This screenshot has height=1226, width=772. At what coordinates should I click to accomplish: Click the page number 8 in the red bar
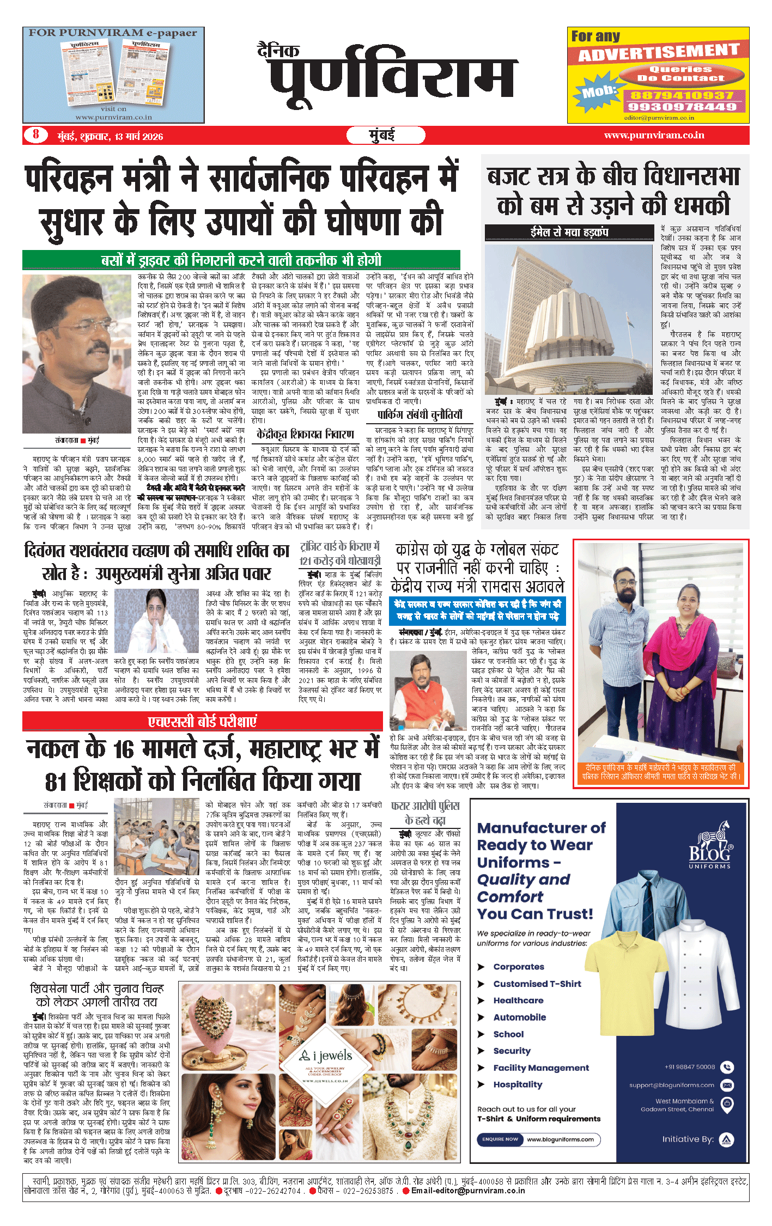pos(36,135)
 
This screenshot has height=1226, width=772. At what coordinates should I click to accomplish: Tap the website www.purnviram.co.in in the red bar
pos(654,135)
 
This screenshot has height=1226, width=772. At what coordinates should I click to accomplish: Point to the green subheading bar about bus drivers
pos(241,260)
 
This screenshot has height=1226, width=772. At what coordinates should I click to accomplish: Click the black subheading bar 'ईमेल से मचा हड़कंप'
pos(569,233)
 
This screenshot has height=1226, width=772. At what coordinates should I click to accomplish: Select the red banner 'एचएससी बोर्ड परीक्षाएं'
pos(202,722)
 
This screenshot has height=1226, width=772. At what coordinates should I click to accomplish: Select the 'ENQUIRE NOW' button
pos(500,1139)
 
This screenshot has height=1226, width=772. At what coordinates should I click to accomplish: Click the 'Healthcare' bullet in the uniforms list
pos(518,1000)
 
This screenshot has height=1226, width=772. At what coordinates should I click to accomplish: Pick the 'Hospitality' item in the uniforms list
pos(518,1084)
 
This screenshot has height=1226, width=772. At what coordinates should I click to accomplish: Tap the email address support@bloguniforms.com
pos(671,1085)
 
